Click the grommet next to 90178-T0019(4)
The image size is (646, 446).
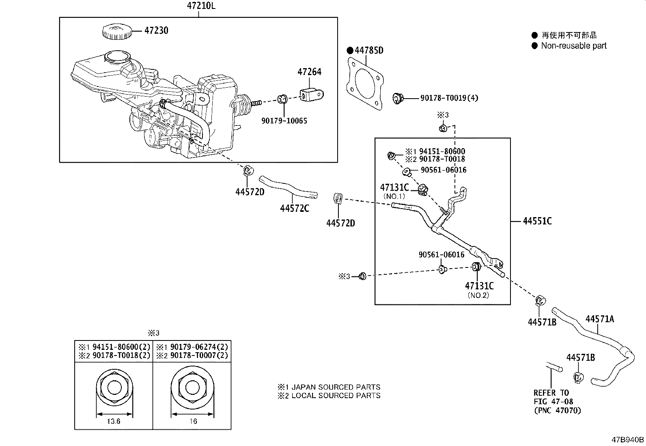[x=398, y=98]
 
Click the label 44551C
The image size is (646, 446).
[x=537, y=221]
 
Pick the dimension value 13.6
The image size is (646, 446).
[x=113, y=421]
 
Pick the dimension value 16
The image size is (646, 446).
[x=193, y=421]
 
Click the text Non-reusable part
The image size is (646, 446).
[x=573, y=46]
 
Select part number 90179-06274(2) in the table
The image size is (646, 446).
[x=198, y=347]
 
